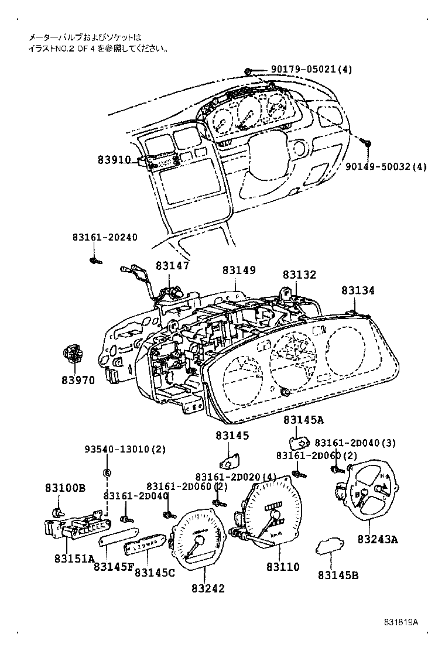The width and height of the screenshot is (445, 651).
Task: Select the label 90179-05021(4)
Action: pyautogui.click(x=311, y=70)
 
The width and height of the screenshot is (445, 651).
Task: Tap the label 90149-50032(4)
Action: pyautogui.click(x=386, y=167)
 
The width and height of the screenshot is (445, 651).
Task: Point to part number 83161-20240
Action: pyautogui.click(x=105, y=237)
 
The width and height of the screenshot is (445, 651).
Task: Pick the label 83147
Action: pyautogui.click(x=172, y=265)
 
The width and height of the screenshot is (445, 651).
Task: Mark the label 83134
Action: pyautogui.click(x=358, y=290)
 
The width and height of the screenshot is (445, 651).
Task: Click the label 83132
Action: pyautogui.click(x=299, y=274)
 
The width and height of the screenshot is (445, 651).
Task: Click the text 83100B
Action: pyautogui.click(x=66, y=487)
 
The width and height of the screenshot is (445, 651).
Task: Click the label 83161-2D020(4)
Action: pyautogui.click(x=235, y=477)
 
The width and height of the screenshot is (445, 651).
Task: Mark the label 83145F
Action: pyautogui.click(x=113, y=567)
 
